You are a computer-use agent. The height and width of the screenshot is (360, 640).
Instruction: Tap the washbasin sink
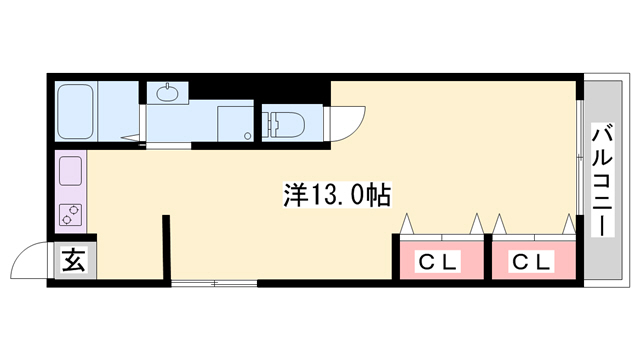(166, 93)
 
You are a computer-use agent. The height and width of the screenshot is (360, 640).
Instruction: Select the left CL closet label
(437, 263)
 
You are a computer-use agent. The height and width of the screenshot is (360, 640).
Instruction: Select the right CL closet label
(530, 263)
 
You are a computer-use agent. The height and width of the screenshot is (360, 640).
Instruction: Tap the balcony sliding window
(579, 160)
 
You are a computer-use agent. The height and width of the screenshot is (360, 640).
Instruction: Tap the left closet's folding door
(440, 228)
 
